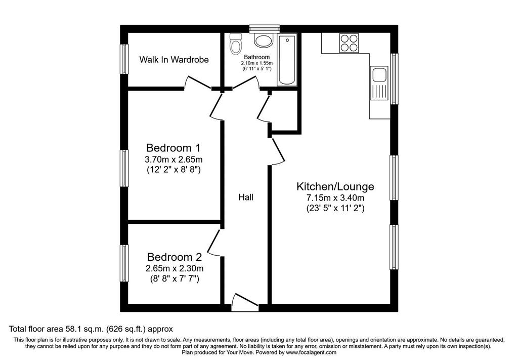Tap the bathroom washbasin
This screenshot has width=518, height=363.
[x=264, y=40]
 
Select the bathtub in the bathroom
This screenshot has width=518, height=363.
[x=287, y=59]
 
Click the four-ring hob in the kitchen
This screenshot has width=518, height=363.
[x=349, y=43]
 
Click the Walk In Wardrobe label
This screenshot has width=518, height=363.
[x=174, y=60]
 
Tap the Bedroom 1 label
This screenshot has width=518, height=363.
[x=174, y=147]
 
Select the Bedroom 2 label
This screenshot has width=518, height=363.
[x=175, y=257]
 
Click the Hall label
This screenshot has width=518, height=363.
[x=246, y=197]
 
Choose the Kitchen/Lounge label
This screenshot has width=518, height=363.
[x=335, y=186]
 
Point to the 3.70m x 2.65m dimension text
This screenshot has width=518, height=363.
[x=174, y=159]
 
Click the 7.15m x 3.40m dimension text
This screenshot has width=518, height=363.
[x=335, y=198]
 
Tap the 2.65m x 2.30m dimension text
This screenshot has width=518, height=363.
[x=175, y=268]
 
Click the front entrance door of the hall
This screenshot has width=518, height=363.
[x=245, y=302]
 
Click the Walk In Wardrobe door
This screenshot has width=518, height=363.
[x=198, y=83]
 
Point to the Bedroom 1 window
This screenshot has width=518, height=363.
[x=124, y=168]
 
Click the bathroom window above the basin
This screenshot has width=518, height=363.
[x=264, y=29]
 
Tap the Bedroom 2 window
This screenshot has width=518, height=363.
[x=124, y=263]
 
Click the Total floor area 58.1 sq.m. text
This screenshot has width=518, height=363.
[x=91, y=329]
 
